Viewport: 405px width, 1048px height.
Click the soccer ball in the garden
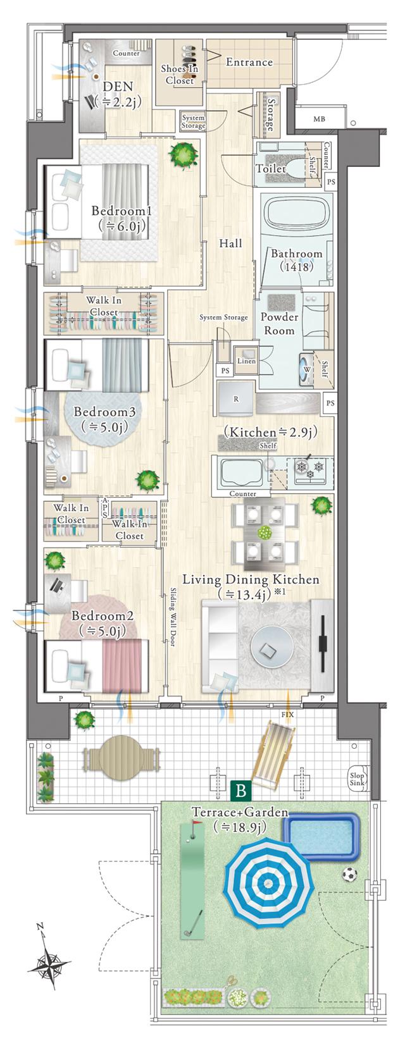click(x=349, y=874)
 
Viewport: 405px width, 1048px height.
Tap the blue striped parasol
click(x=269, y=882)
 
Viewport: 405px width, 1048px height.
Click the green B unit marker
click(x=242, y=790)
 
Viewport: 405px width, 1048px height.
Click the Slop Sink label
click(x=357, y=779)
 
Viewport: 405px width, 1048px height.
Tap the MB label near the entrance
click(x=319, y=120)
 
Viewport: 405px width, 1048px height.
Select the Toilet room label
click(x=271, y=168)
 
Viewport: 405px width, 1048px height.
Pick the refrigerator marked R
click(x=236, y=398)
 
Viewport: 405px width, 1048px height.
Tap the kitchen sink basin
click(x=240, y=474)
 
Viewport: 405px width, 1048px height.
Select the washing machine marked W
click(x=308, y=367)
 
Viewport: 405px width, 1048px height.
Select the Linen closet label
click(x=246, y=361)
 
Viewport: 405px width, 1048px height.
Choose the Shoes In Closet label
click(x=180, y=74)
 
